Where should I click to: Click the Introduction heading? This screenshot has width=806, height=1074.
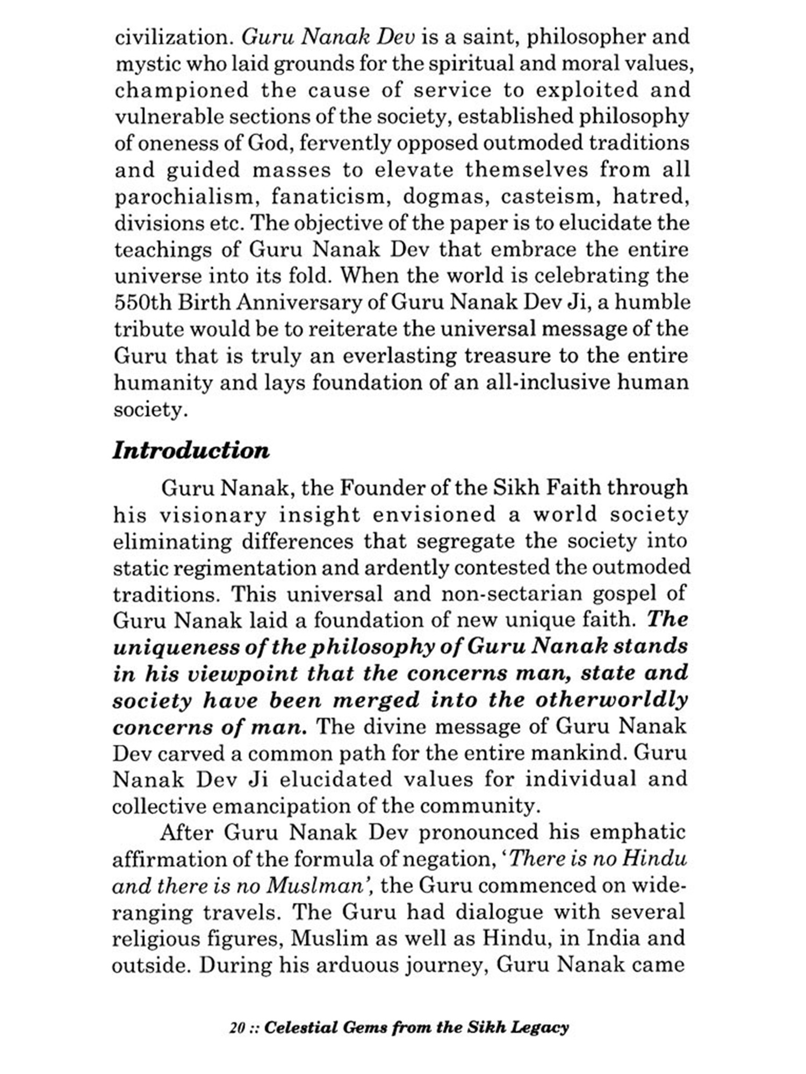pos(191,451)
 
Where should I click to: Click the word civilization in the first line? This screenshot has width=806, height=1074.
pos(175,37)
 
